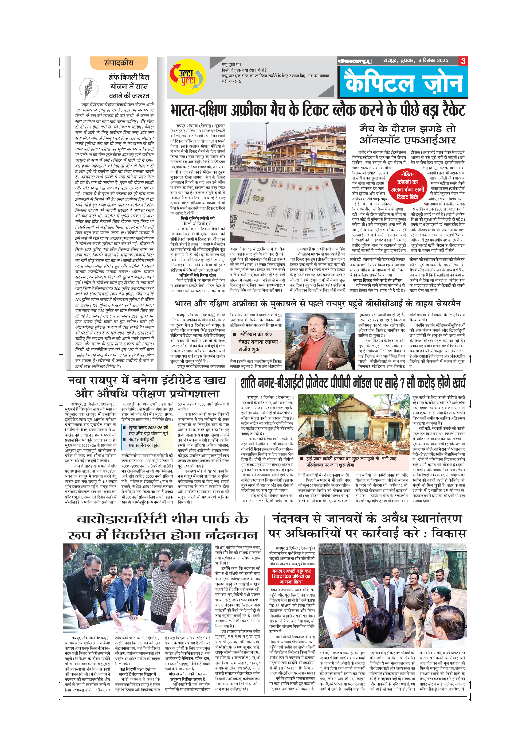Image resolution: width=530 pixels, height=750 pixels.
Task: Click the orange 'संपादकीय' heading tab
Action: (119, 63)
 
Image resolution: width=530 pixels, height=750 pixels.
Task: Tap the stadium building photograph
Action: (288, 150)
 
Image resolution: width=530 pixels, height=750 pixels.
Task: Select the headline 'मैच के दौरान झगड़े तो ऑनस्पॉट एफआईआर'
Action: (408, 134)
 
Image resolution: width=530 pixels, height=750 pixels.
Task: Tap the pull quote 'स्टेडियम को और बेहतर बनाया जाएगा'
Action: (258, 342)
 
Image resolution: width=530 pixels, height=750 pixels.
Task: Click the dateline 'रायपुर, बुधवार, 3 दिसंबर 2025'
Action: (415, 61)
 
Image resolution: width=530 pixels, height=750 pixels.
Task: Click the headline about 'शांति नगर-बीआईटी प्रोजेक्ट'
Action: (353, 383)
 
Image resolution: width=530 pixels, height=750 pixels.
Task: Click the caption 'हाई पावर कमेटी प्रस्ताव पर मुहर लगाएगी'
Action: (351, 461)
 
